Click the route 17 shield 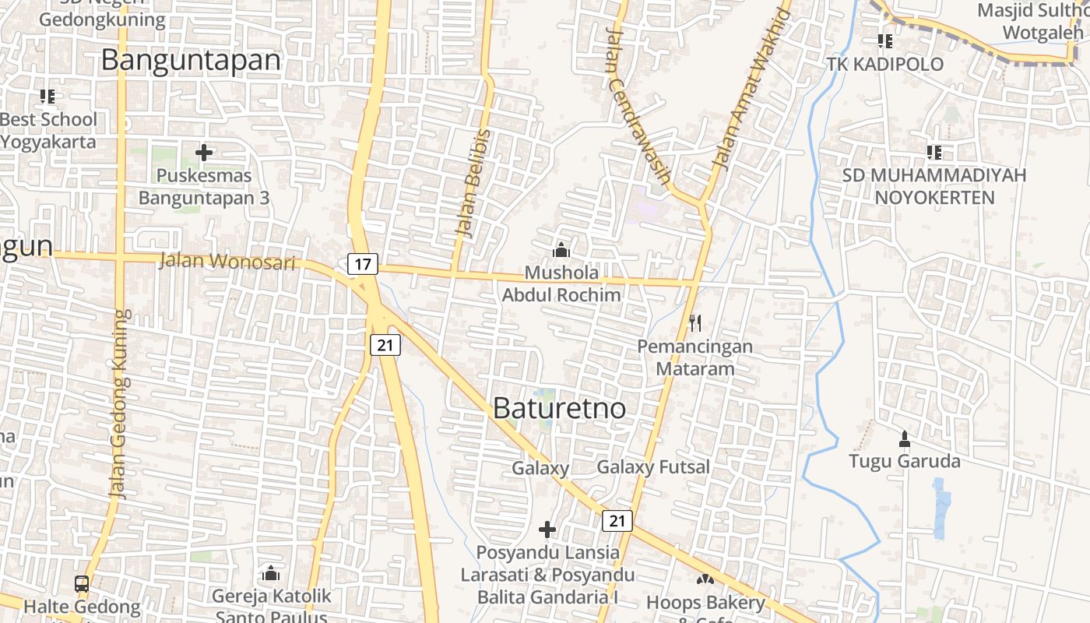363,264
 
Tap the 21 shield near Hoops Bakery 617,521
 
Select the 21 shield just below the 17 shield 385,344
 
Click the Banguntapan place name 191,60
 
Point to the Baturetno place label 559,408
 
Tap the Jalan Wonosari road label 227,261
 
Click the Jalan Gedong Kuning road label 119,405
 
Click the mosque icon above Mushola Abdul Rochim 561,250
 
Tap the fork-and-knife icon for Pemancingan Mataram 695,322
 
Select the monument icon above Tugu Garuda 904,439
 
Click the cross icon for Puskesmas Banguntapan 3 204,153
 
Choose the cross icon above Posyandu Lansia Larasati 547,530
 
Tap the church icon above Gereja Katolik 271,573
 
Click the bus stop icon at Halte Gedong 82,583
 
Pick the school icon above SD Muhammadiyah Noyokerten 934,153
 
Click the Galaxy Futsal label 653,467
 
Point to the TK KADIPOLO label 885,64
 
